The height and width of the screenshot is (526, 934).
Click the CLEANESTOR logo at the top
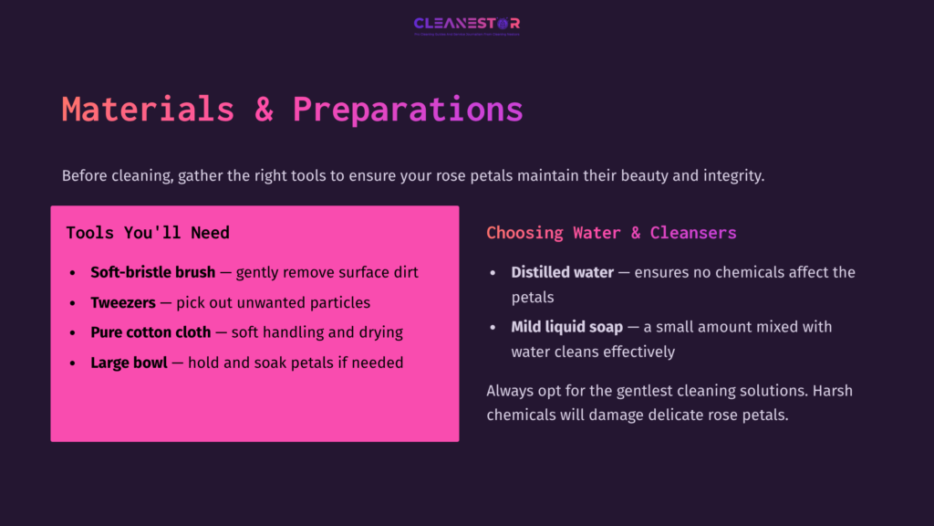pos(466,24)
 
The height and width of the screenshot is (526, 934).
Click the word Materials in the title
pos(148,110)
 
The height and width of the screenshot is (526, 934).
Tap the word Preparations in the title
pos(408,110)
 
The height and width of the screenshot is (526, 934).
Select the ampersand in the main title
pos(264,110)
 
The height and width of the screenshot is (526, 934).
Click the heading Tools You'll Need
pos(148,233)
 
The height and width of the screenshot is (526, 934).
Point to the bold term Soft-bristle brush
pos(153,272)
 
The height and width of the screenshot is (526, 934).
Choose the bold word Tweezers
pos(123,302)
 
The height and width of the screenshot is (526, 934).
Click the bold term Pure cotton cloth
pos(150,332)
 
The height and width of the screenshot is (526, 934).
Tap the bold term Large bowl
pos(129,363)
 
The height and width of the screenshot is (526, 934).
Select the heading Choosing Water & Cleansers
pos(611,233)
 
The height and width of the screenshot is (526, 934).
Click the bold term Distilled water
pos(562,272)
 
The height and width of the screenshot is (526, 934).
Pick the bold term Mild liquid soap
pos(566,327)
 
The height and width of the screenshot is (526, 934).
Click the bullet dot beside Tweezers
pos(73,303)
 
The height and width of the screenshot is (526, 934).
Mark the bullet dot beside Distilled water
pos(493,273)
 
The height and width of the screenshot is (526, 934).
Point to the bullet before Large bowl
pos(73,363)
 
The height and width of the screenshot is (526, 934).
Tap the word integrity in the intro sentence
pos(732,175)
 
